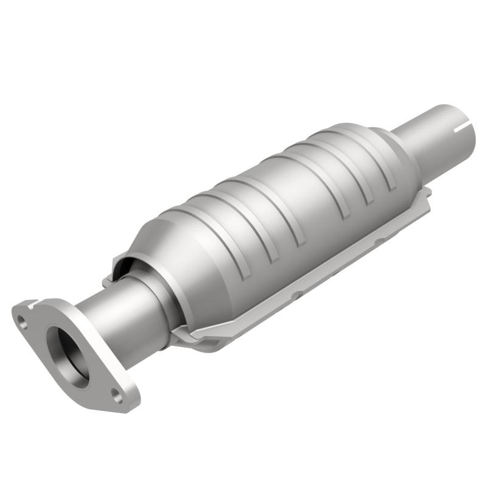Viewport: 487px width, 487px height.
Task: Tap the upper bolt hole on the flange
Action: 23,323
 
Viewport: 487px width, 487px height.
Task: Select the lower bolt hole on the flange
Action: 117,398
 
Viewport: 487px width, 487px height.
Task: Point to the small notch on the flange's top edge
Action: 34,301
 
